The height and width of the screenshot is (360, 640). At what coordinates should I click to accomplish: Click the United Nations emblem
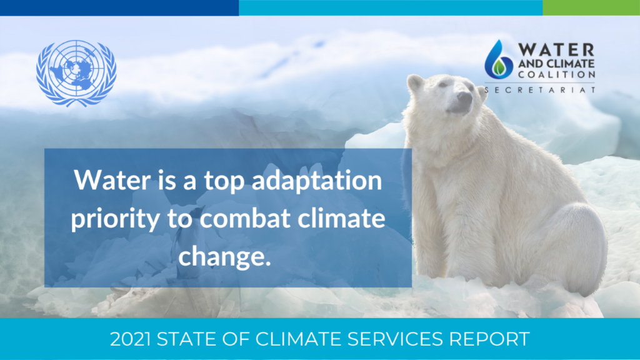point(76,73)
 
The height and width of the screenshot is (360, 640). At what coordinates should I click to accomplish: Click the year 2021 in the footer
point(130,339)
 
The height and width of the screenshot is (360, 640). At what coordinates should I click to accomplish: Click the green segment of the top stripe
point(591,7)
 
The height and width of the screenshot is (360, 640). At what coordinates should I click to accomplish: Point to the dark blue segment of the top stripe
point(119,7)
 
